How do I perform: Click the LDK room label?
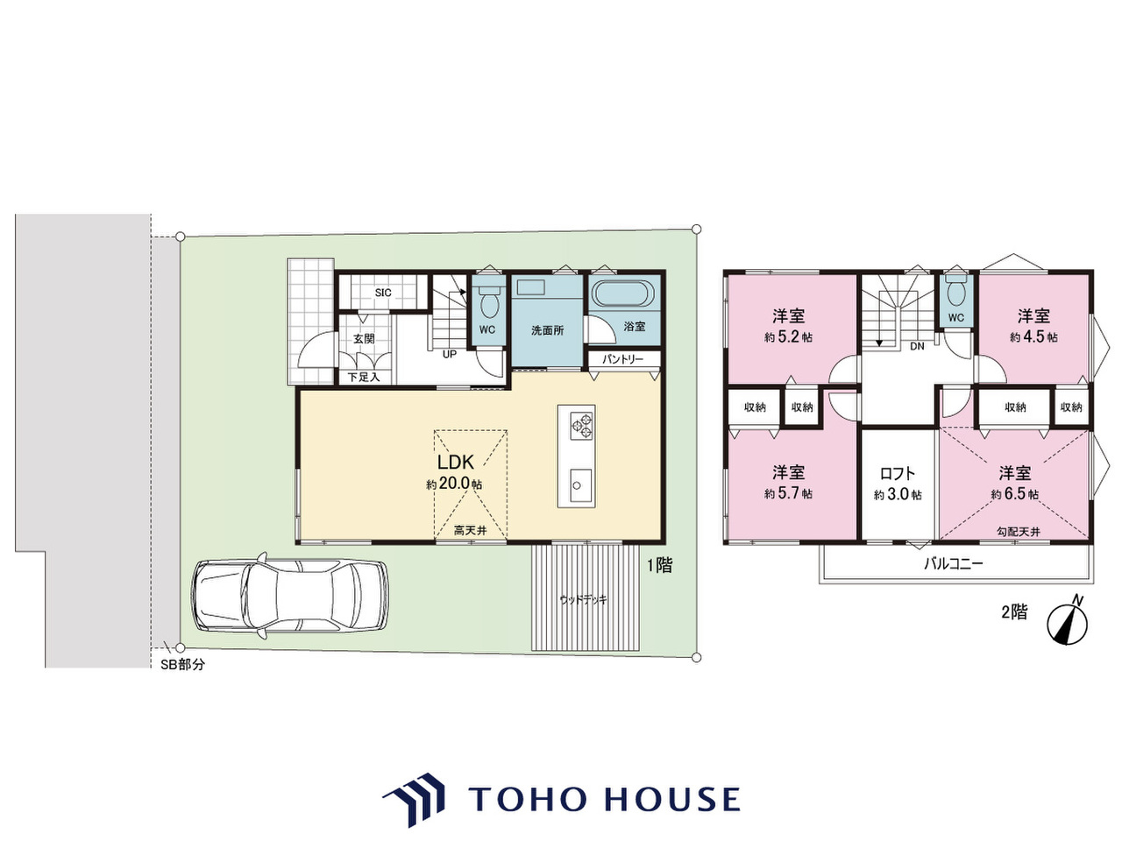(x=456, y=463)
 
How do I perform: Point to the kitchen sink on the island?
(x=581, y=485)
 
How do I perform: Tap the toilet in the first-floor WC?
(x=488, y=301)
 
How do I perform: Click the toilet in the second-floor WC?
(x=955, y=291)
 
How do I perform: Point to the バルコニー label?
(x=954, y=563)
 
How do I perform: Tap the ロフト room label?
(x=898, y=473)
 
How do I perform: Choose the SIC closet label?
(x=383, y=293)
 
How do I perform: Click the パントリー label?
(x=622, y=359)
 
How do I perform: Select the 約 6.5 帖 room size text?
(x=1014, y=494)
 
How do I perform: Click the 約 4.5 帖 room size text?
(x=1033, y=337)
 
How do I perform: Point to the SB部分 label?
(x=182, y=664)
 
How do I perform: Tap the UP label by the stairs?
(x=450, y=354)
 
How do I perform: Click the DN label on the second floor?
(x=918, y=346)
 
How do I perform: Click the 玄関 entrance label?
(x=364, y=338)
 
